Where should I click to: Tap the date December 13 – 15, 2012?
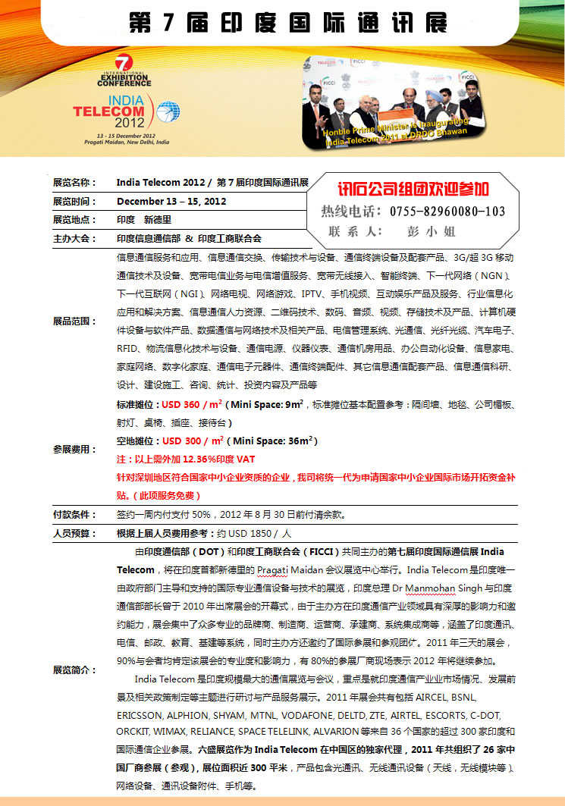[x=171, y=202]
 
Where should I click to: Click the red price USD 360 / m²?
[x=193, y=405]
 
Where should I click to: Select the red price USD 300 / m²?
[x=193, y=441]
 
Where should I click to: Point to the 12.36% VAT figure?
[x=201, y=459]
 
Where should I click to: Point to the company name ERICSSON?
[x=140, y=715]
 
